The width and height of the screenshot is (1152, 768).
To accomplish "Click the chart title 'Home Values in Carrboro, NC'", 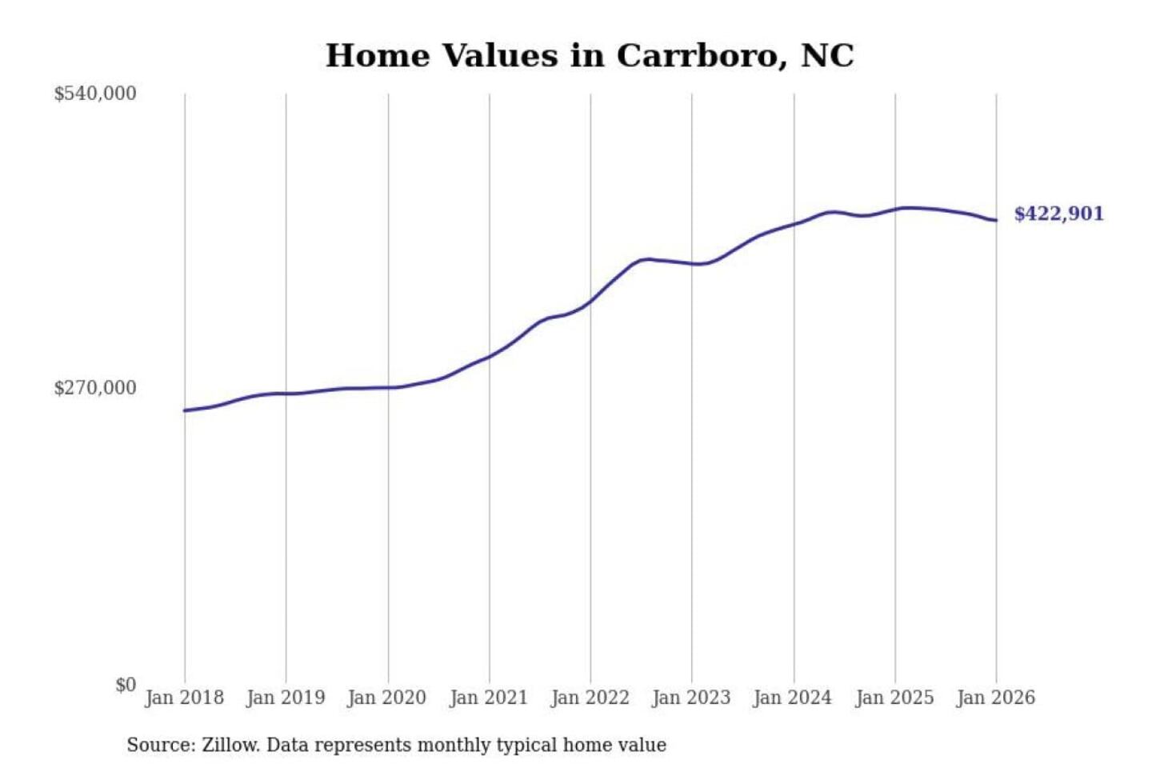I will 590,56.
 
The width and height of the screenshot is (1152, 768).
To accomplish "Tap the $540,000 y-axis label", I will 94,94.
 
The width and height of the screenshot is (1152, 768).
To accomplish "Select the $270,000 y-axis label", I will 94,388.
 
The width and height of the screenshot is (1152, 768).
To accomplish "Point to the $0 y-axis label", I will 126,685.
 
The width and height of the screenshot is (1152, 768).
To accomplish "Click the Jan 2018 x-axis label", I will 184,698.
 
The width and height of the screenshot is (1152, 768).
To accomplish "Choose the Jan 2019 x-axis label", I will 286,698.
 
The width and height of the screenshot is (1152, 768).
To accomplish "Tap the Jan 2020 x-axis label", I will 387,698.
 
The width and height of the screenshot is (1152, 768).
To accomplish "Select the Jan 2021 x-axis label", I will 489,698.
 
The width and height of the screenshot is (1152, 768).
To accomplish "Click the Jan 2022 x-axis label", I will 590,698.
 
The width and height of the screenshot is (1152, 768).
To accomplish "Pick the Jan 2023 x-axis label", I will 692,698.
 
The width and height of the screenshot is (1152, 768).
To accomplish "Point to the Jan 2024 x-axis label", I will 793,698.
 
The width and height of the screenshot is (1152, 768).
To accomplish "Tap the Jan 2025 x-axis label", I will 894,698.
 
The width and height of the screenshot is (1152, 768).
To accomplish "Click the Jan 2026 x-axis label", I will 996,698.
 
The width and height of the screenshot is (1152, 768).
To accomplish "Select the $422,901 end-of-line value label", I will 1058,214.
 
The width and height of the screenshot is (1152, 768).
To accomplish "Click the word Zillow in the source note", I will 230,745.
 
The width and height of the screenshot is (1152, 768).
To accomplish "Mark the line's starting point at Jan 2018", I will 185,410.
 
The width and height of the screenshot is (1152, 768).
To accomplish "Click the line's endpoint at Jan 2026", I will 996,220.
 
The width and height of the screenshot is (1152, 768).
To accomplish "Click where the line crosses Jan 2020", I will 388,388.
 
